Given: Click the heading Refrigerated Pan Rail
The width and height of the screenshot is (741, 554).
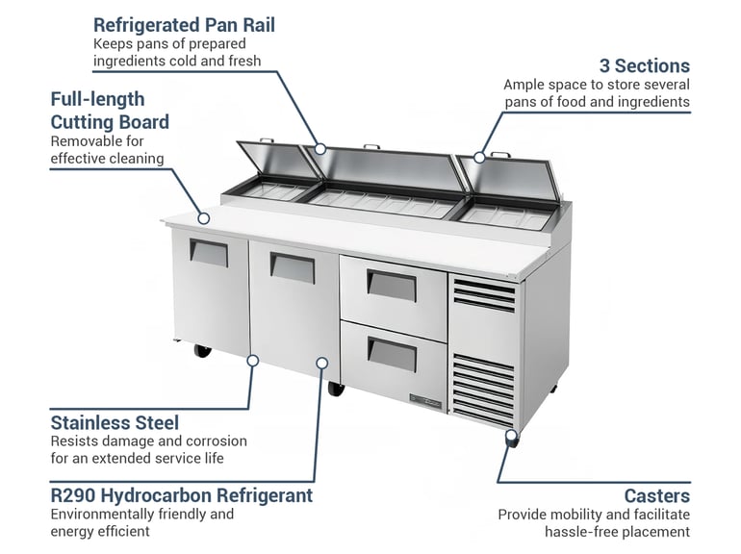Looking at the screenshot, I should [x=184, y=25].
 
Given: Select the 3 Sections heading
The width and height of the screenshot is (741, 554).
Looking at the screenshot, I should [x=644, y=65].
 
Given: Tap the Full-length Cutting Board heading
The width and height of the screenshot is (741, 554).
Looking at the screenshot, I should [x=110, y=110].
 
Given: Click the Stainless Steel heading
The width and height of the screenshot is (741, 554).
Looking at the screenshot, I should [x=115, y=422].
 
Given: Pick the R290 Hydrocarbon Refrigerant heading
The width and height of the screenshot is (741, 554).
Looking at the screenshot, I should [x=182, y=495].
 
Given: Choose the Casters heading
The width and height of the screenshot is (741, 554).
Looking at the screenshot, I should [x=656, y=495].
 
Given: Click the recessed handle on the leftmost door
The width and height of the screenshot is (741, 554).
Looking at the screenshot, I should [x=209, y=253].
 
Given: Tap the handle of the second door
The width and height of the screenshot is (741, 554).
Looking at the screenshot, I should [x=292, y=266].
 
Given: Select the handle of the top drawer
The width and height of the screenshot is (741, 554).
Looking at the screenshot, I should [x=392, y=286].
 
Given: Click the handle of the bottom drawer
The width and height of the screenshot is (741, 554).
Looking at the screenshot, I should [x=392, y=355].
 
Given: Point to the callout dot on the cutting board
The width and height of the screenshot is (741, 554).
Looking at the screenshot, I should [x=203, y=217].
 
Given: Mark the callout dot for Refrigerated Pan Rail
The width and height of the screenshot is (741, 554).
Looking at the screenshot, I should [x=320, y=150].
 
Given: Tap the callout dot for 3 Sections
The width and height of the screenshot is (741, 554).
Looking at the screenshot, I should [x=478, y=157].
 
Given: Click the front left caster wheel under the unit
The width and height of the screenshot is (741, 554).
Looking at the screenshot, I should [x=203, y=350].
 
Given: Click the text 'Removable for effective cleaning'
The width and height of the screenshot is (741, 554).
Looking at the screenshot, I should [x=107, y=149].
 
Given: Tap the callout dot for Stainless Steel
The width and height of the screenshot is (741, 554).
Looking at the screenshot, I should [x=253, y=361].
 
